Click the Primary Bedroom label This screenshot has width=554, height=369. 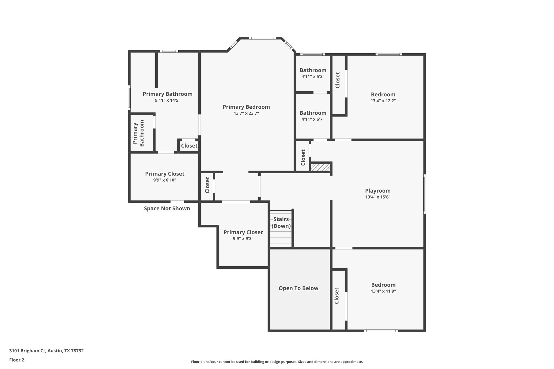246,107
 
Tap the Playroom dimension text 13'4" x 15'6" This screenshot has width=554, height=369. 378,197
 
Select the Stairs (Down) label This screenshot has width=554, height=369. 281,222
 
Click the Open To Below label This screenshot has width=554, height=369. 298,288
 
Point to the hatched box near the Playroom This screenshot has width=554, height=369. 321,167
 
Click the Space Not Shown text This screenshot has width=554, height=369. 167,208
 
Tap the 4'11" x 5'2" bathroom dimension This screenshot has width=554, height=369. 313,77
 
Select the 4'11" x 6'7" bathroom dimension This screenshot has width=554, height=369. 313,119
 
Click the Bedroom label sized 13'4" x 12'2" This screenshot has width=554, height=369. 383,95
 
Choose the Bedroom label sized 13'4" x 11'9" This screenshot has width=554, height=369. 383,285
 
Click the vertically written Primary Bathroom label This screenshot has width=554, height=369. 138,133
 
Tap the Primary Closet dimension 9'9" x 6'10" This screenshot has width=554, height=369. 164,180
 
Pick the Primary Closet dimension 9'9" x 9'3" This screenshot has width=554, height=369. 243,239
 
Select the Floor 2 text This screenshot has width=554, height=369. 17,360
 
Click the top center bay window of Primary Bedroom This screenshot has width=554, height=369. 262,38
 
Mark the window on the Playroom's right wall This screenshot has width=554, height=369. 424,194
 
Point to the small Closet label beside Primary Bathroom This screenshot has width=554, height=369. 189,146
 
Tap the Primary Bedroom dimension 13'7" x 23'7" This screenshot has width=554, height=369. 246,113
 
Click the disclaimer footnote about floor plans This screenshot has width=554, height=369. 277,362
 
